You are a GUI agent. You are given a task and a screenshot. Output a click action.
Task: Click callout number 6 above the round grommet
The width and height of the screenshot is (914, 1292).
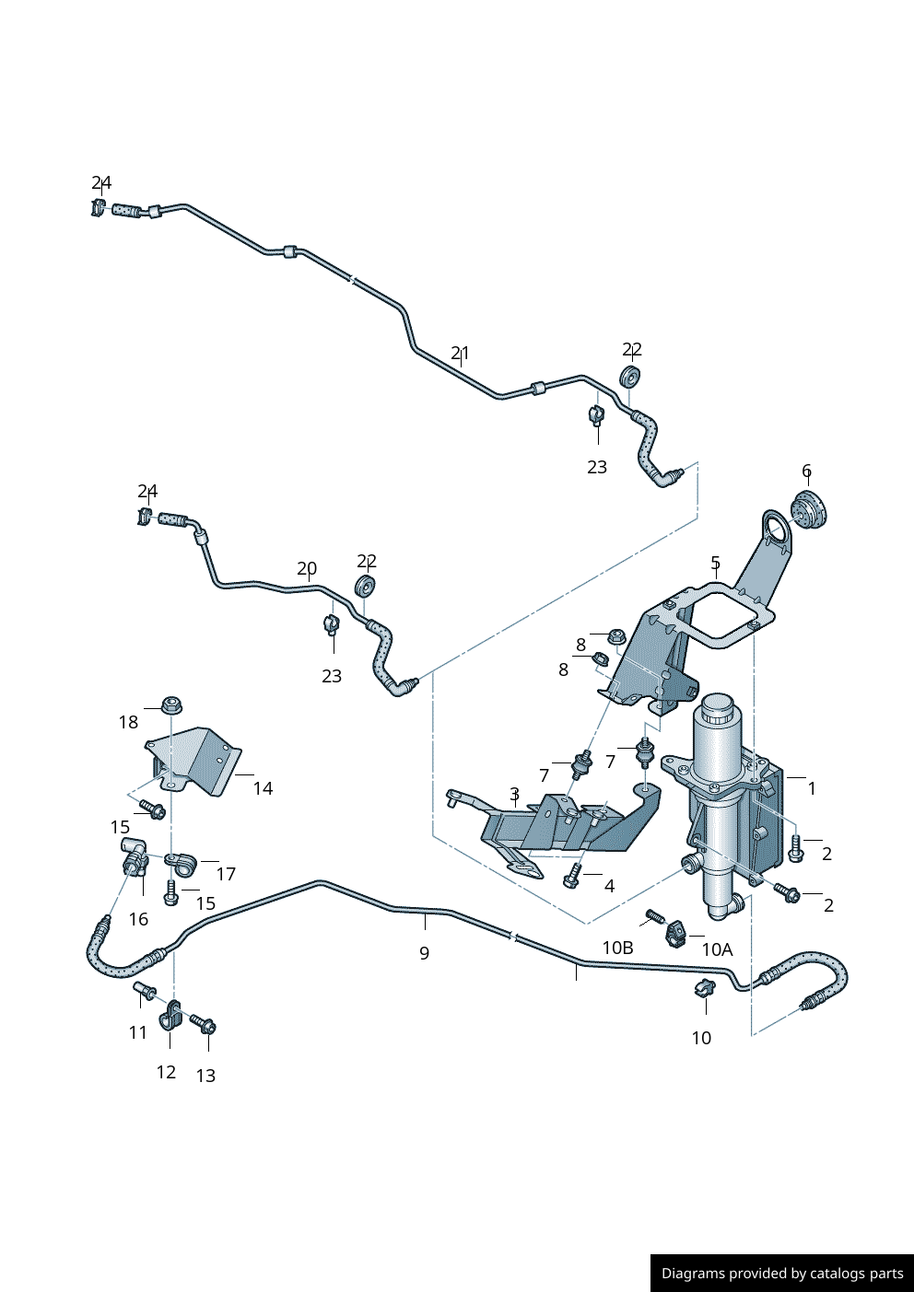click(806, 471)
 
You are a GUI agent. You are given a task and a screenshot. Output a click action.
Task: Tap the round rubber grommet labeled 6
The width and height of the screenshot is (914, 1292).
click(810, 510)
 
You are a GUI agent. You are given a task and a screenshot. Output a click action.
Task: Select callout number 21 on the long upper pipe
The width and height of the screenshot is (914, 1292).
click(461, 353)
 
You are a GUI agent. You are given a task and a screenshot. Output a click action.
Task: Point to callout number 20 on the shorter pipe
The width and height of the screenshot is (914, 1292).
click(307, 568)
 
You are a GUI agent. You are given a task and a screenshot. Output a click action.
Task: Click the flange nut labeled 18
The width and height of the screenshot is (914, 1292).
click(170, 705)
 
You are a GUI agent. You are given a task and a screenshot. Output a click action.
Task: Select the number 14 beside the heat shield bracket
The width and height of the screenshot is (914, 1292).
click(263, 788)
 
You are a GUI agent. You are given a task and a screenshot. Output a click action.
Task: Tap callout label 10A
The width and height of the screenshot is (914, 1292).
click(717, 949)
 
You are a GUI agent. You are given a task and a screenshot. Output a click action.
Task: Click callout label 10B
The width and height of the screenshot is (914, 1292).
click(617, 948)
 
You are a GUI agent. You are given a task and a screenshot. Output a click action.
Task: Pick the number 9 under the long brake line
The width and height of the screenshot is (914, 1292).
click(424, 953)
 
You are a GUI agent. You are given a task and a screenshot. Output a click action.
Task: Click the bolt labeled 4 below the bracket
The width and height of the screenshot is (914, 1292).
click(571, 877)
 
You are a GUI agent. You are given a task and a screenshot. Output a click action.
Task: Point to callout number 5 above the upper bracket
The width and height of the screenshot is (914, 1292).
click(715, 562)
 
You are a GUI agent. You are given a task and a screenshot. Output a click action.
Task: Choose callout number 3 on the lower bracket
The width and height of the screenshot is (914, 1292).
click(514, 794)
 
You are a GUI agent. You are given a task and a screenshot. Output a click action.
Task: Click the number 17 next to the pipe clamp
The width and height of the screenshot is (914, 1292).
click(226, 874)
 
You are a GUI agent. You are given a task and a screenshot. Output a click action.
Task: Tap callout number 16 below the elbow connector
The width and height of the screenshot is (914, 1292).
click(138, 919)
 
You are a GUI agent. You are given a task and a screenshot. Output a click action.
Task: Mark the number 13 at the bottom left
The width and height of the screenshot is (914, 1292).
click(205, 1076)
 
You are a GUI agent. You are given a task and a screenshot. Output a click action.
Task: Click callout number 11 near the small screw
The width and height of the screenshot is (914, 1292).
click(138, 1032)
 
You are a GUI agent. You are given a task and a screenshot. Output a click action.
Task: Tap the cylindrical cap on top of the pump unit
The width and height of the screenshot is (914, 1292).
click(716, 710)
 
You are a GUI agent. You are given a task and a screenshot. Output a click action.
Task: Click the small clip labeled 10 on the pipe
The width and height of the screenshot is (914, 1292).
click(704, 990)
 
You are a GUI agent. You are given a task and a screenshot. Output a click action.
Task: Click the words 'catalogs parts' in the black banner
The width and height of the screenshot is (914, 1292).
click(857, 1274)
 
